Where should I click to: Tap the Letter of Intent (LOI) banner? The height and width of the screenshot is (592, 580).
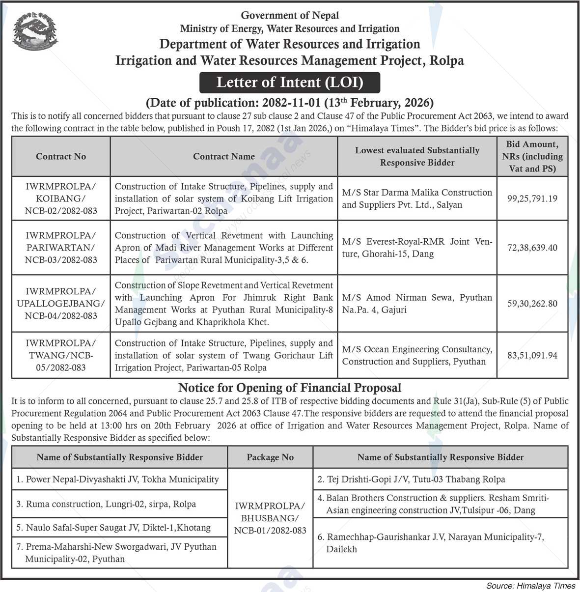click(290, 83)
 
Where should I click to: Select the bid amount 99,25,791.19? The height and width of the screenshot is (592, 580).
click(532, 199)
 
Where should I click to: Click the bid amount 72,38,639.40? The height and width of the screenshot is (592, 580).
click(532, 248)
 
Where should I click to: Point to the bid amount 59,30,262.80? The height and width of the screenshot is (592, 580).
click(532, 304)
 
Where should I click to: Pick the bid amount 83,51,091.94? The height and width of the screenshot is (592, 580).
click(532, 355)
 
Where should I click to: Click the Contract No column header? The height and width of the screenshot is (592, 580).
click(61, 156)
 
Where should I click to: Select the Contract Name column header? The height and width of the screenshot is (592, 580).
click(224, 156)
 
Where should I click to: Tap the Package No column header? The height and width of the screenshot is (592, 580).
click(270, 457)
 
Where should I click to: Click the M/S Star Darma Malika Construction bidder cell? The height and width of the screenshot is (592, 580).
click(417, 198)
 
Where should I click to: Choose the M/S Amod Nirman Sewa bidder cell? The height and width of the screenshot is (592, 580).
click(417, 304)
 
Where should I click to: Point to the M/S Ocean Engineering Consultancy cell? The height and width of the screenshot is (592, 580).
click(417, 355)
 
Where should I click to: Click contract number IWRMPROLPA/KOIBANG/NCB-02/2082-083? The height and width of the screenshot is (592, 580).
click(61, 198)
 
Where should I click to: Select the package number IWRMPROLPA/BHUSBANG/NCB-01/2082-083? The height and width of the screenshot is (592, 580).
click(270, 518)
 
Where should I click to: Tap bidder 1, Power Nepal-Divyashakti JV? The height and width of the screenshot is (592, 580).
click(118, 479)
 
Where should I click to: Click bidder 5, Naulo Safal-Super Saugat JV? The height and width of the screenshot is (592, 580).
click(118, 528)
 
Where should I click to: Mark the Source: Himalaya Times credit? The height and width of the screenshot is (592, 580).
click(530, 586)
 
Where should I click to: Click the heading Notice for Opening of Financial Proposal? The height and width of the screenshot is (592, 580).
click(290, 388)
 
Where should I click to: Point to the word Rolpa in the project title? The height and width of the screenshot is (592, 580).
click(446, 60)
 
